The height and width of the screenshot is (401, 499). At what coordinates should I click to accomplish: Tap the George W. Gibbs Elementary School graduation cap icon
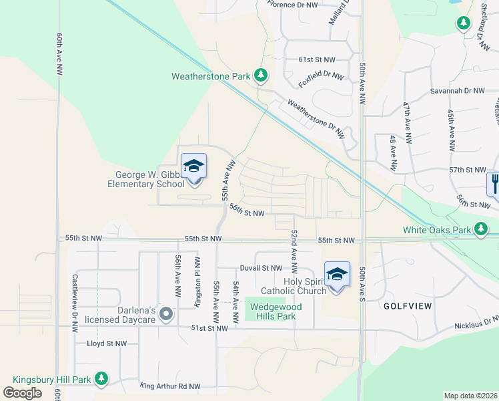point(193,165)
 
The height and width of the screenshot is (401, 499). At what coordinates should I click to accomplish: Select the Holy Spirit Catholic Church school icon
point(337,273)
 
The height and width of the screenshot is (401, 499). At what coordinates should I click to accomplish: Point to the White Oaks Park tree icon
point(481,231)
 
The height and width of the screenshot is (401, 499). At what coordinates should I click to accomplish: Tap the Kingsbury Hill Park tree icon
point(101,380)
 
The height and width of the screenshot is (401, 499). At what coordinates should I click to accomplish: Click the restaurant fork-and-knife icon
point(494,181)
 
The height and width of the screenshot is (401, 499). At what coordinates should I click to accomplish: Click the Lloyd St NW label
point(107,344)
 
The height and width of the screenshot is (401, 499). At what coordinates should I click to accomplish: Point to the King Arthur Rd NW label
point(170,386)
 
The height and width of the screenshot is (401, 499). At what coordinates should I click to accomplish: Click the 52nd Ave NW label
point(293,247)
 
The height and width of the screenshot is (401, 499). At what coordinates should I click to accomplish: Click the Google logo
point(22,392)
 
